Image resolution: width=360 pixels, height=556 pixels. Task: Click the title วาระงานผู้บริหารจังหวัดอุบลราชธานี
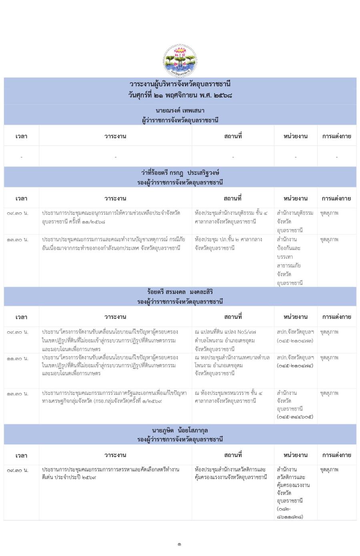click(180, 84)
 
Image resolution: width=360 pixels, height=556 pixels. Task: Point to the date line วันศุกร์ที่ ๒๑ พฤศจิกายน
click(180, 95)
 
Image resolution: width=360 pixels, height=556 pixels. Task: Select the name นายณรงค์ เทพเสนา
click(180, 110)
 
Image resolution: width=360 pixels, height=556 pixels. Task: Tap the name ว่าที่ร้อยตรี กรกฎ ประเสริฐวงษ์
click(180, 173)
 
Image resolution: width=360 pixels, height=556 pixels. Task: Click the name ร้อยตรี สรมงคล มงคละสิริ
click(180, 292)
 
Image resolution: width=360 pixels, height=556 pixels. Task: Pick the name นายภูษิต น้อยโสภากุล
click(180, 430)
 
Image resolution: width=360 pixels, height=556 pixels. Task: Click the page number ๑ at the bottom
click(180, 544)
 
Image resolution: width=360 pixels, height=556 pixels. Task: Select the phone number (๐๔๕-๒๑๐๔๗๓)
click(295, 341)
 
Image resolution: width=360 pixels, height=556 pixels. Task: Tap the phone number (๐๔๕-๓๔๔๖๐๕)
click(295, 417)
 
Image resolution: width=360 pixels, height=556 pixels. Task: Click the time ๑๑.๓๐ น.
click(18, 359)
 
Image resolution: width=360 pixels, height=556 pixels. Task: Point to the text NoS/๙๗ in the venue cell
click(247, 332)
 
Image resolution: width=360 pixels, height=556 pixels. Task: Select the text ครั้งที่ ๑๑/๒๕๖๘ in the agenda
click(87, 221)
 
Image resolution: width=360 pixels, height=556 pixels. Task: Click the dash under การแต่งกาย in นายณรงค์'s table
click(336, 157)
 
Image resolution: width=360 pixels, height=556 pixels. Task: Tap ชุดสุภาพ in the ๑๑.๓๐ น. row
click(329, 358)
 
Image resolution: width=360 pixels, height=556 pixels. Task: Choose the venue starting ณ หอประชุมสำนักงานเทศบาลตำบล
click(232, 357)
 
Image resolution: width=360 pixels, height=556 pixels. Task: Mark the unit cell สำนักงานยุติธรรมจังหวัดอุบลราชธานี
click(295, 221)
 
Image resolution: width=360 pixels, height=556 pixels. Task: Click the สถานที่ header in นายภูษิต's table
click(233, 455)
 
